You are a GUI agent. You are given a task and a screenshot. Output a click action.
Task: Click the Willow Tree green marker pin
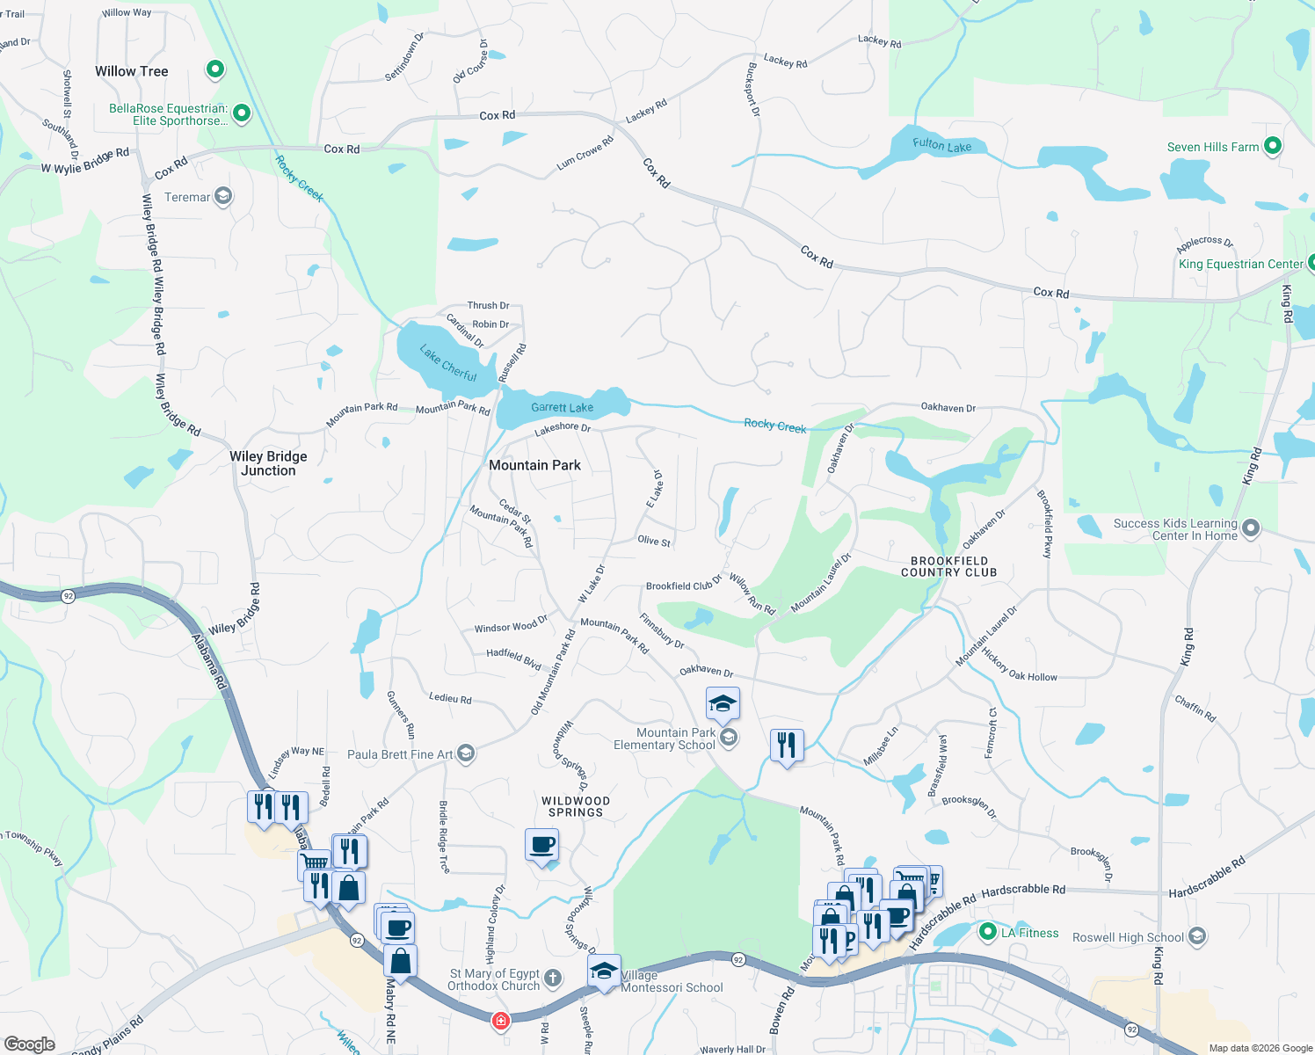tap(214, 69)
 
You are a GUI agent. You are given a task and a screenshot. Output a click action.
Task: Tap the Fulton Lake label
tap(941, 145)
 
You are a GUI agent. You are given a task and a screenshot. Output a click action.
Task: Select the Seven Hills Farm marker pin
tap(1272, 146)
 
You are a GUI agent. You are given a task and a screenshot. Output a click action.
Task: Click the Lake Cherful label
tap(448, 363)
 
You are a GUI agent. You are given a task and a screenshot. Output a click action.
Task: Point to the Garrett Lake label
tap(562, 407)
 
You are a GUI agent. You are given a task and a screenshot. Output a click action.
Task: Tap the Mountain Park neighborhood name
tap(534, 465)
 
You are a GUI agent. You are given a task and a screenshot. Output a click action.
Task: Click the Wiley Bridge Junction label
tap(268, 463)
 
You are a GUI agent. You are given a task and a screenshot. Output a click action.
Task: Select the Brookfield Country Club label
tap(948, 566)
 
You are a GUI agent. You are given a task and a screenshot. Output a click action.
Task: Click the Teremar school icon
tap(223, 196)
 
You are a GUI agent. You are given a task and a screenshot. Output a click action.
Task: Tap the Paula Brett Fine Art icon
tap(466, 753)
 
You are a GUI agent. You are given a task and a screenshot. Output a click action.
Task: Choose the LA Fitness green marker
tap(987, 932)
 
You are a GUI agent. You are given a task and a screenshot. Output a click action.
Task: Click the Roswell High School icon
tap(1196, 936)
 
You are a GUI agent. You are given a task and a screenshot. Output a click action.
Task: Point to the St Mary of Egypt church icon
tap(553, 978)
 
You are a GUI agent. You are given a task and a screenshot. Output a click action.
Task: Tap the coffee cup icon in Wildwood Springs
tap(542, 847)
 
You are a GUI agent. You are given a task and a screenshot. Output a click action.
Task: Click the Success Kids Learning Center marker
tap(1251, 528)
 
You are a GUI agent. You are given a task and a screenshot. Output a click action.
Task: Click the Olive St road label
tap(654, 541)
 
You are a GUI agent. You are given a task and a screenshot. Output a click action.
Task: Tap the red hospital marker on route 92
tap(500, 1021)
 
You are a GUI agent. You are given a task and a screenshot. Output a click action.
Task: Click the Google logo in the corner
tap(29, 1044)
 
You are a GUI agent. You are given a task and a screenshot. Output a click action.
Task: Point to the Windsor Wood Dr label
tap(511, 625)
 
